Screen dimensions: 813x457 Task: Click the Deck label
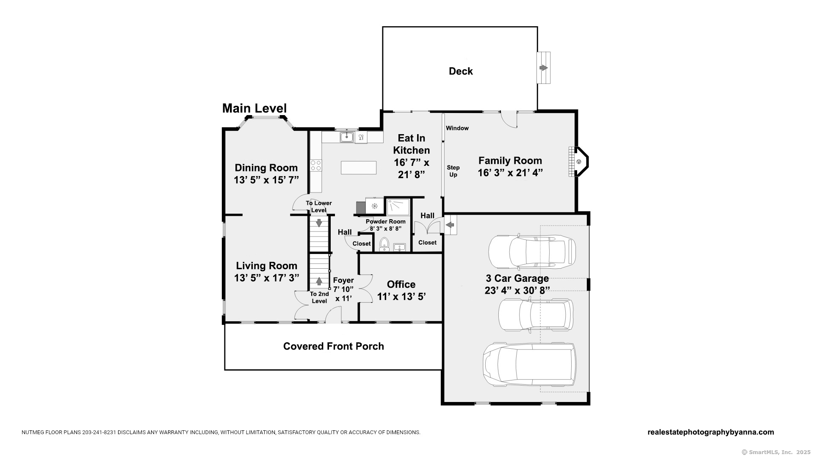[x=461, y=71]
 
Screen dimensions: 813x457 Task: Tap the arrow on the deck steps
[x=544, y=68]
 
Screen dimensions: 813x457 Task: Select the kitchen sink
[x=347, y=137]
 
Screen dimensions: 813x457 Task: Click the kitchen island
[x=359, y=168]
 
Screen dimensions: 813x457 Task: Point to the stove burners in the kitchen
[x=316, y=165]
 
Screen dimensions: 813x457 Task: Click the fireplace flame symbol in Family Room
[x=579, y=162]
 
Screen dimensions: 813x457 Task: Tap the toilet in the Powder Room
[x=384, y=244]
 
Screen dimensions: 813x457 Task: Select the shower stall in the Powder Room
[x=398, y=207]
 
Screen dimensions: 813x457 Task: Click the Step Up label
[x=453, y=171]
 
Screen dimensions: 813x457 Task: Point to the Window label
[x=457, y=128]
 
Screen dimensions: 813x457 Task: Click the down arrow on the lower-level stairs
[x=319, y=223]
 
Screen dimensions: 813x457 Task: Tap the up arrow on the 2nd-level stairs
[x=319, y=281]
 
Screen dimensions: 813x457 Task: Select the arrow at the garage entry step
[x=450, y=225]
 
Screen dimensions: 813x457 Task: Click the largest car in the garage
[x=529, y=364]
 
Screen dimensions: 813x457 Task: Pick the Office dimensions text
[x=401, y=297]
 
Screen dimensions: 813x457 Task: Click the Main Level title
[x=254, y=108]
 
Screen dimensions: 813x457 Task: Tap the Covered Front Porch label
[x=334, y=346]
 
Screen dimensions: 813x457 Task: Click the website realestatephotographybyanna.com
[x=711, y=432]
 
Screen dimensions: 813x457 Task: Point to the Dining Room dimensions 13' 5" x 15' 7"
[x=266, y=180]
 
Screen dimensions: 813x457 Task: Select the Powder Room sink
[x=400, y=247]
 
